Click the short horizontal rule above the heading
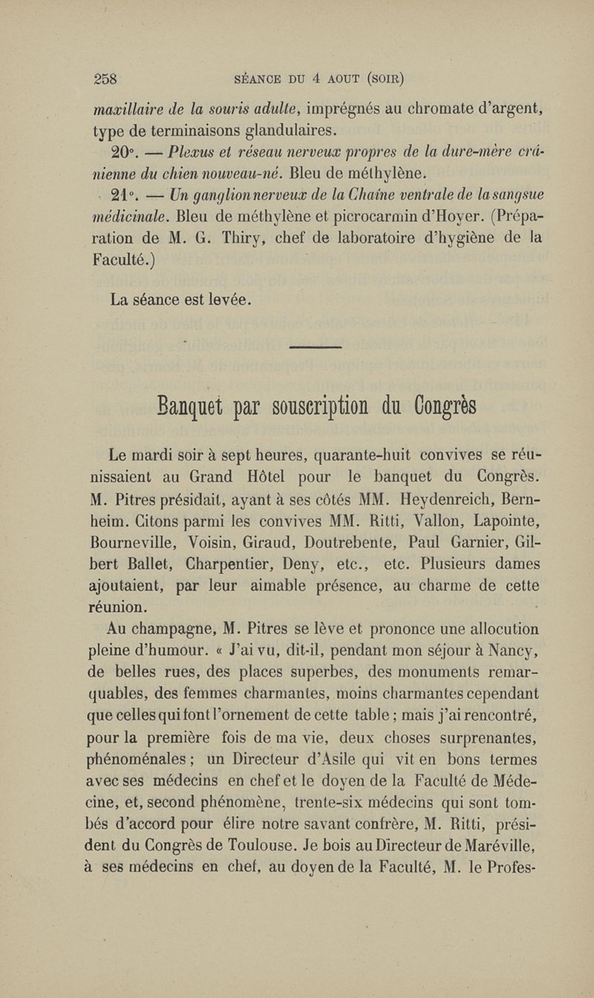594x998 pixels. pyautogui.click(x=313, y=347)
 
